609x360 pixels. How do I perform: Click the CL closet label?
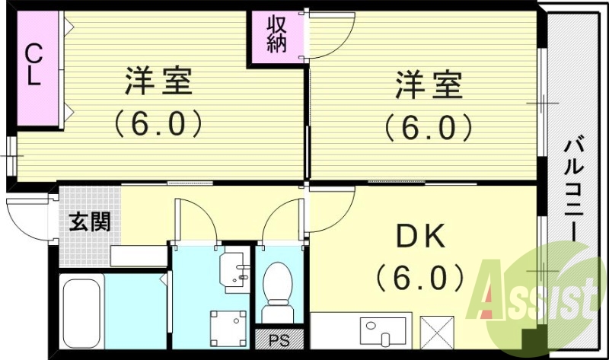[x=33, y=65]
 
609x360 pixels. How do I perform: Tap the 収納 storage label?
[x=275, y=34]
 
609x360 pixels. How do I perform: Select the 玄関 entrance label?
[x=90, y=221]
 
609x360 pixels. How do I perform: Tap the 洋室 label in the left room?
[x=158, y=82]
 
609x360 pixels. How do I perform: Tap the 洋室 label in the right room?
[x=429, y=84]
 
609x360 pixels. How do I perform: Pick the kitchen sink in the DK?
[x=376, y=333]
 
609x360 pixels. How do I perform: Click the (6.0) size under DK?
[x=418, y=278]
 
